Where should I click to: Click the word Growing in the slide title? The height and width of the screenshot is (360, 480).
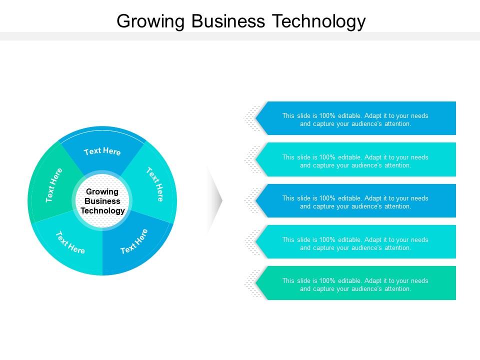[x=150, y=21]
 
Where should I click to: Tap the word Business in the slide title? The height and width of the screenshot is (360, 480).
[x=228, y=21]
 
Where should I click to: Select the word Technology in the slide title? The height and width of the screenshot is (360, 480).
[x=319, y=21]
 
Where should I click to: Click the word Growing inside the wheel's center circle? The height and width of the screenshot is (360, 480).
[x=102, y=192]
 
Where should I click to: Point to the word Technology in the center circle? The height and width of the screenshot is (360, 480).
[x=102, y=211]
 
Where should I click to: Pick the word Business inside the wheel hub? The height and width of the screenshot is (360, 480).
[x=102, y=201]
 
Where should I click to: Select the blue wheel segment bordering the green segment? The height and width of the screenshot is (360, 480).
[x=102, y=150]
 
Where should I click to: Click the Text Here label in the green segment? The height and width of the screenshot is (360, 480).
[x=54, y=185]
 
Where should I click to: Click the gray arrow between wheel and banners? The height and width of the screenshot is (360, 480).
[x=215, y=200]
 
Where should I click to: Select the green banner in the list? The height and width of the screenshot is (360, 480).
[x=355, y=283]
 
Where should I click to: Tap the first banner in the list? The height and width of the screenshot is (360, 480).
[x=355, y=118]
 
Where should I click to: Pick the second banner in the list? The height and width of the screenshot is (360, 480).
[x=355, y=159]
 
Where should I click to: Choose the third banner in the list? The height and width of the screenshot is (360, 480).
[x=355, y=201]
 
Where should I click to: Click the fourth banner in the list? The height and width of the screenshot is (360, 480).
[x=355, y=242]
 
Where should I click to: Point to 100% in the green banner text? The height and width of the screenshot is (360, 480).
[x=327, y=280]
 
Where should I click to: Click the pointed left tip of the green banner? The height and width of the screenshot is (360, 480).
[x=256, y=283]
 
